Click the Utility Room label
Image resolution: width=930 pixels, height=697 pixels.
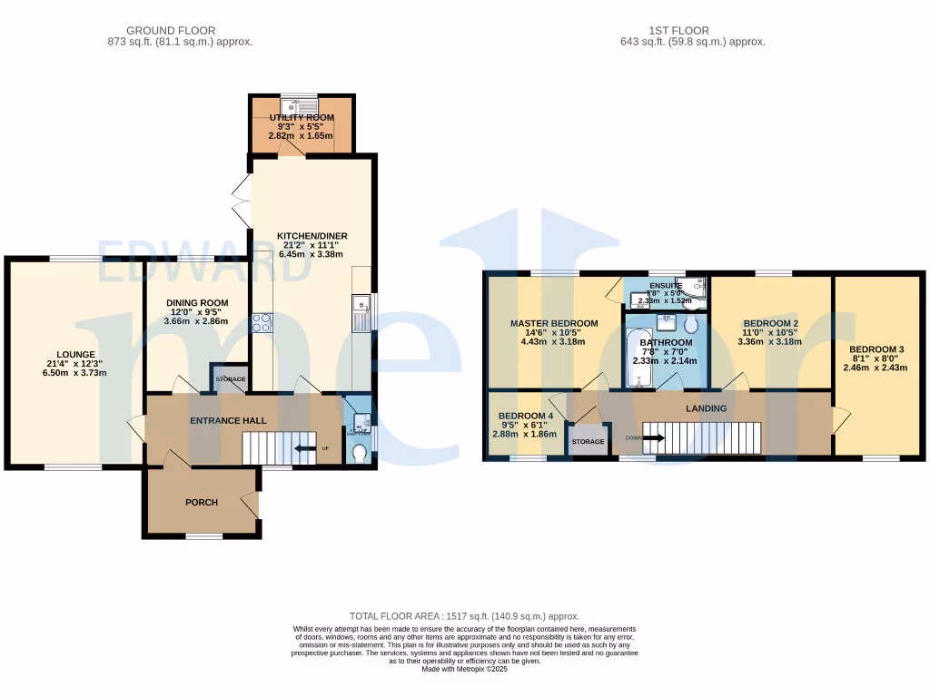301,118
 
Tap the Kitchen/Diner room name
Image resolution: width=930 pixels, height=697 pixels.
312,236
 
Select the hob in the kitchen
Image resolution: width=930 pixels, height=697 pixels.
261,322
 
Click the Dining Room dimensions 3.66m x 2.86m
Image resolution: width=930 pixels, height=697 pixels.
195,321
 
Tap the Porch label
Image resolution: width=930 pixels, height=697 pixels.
201,502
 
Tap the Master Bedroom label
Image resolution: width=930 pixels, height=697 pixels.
553,323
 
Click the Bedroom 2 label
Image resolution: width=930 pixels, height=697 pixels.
770,323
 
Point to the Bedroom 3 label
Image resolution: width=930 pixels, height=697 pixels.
876,349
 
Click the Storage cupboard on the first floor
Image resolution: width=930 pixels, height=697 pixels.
588,441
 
